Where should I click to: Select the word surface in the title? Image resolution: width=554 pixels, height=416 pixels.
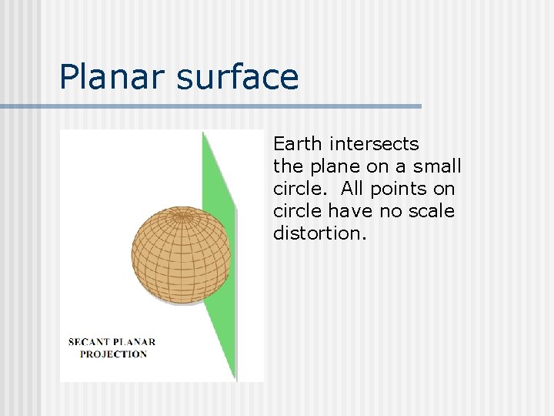(238, 77)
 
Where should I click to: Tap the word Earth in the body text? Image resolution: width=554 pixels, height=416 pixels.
(299, 144)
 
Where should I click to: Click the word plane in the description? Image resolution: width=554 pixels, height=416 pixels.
(330, 166)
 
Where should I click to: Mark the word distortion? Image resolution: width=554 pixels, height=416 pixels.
(319, 233)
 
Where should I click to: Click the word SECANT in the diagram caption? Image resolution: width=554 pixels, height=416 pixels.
(92, 342)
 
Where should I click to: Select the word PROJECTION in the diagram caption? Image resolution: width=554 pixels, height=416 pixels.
(113, 354)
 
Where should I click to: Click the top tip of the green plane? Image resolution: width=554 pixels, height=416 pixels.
(204, 133)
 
